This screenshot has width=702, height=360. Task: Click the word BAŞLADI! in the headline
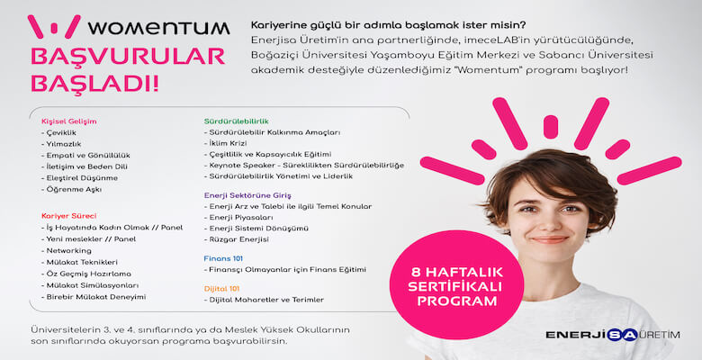point(95,85)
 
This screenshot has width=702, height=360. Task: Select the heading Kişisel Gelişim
point(68,121)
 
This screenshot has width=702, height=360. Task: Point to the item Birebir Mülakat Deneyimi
point(95,296)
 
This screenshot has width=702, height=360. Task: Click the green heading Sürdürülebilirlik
point(237,121)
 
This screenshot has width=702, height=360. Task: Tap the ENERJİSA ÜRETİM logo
point(612,335)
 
